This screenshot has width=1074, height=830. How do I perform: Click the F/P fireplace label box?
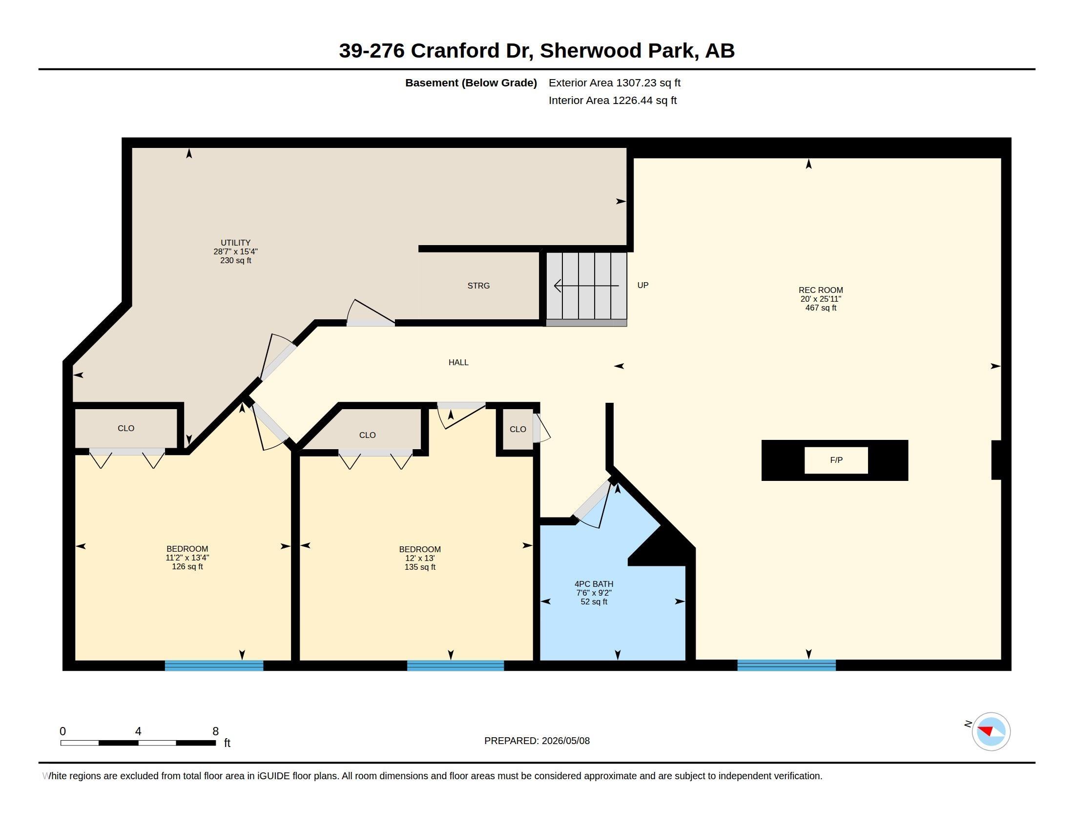[836, 460]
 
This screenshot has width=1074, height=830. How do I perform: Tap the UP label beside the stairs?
[643, 285]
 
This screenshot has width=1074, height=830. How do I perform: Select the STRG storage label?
[478, 286]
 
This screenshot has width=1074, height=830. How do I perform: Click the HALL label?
[458, 362]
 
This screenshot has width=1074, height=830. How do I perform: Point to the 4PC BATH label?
[594, 584]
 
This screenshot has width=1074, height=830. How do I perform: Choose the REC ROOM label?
[821, 290]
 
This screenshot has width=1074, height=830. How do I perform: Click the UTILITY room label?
[236, 243]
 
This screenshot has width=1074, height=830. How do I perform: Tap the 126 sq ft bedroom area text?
[187, 566]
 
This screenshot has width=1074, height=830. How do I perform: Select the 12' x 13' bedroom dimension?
[420, 558]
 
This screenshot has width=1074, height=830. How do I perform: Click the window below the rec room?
[786, 665]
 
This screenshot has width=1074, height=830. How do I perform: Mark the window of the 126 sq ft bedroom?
[214, 666]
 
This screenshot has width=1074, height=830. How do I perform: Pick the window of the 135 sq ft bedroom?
[455, 666]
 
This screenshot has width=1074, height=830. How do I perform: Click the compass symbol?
[991, 731]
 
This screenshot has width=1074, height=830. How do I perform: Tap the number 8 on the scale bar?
[215, 731]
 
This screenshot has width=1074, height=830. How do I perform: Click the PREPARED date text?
[537, 741]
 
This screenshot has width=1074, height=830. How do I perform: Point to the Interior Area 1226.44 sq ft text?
[613, 100]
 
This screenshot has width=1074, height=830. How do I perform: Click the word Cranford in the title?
[455, 51]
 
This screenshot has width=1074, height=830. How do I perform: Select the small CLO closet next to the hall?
[518, 429]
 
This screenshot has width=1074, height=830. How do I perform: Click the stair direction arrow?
[586, 286]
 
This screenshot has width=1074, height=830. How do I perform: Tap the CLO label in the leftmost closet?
[126, 428]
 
